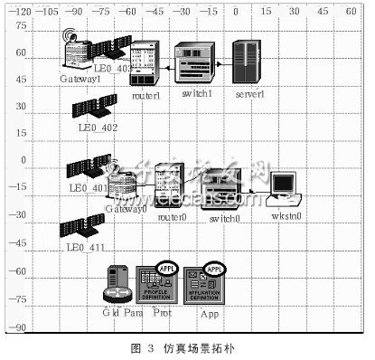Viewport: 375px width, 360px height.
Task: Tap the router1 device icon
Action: pos(145,62)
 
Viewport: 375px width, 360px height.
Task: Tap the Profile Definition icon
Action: pos(153,284)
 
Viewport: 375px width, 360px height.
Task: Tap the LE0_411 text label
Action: pos(87,247)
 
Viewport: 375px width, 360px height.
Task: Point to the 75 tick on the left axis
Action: pos(19,26)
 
